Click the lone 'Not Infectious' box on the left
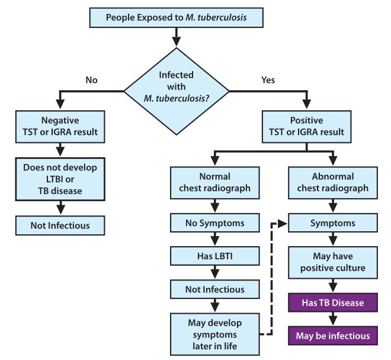point(61,225)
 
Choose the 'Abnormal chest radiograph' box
point(332,183)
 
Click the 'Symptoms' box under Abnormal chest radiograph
point(332,224)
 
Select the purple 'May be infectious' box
point(332,336)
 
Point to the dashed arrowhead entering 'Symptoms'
point(283,224)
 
